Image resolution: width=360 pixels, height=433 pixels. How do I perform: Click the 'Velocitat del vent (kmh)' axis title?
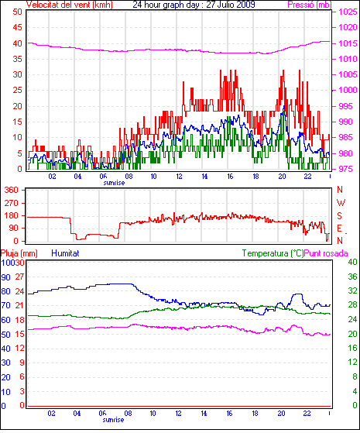coord(70,5)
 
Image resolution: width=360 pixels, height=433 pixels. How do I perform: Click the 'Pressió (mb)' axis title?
coord(310,5)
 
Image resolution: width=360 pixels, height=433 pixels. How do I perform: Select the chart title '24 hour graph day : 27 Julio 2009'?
coord(194,5)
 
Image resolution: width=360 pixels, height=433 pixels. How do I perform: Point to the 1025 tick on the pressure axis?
coord(348,12)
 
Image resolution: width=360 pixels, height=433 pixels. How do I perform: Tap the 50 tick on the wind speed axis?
coord(17,12)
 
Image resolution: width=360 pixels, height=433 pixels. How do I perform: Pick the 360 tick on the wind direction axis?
coord(12,190)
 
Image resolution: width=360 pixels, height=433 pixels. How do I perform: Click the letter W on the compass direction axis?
coord(341,203)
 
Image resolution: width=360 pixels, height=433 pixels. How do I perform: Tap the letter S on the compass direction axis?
coord(340,215)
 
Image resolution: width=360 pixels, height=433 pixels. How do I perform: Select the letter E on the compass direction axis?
coord(340,229)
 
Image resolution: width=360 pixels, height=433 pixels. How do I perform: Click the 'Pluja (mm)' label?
coord(19,253)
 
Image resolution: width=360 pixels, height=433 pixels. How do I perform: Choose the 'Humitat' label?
coord(66,253)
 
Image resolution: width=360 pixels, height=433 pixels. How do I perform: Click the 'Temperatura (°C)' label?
coord(273,253)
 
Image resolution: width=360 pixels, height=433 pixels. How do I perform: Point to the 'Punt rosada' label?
coord(326,253)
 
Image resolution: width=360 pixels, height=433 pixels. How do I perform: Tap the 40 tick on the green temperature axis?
coord(352,262)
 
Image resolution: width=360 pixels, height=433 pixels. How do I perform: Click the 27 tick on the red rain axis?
coord(19,277)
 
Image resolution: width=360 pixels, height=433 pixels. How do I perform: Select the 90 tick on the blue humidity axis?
coord(5,277)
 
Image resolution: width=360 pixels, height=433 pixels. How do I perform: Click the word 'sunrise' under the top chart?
coord(114,183)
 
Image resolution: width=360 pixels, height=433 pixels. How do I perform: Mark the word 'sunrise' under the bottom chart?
coord(113,420)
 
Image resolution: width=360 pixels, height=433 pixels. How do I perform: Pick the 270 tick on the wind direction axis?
coord(12,203)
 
